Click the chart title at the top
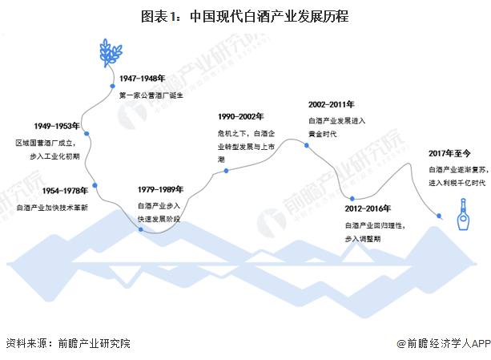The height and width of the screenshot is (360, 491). (244, 15)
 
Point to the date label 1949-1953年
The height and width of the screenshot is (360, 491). (57, 126)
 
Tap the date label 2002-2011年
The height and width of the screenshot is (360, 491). (332, 104)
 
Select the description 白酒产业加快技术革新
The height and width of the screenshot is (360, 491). (52, 208)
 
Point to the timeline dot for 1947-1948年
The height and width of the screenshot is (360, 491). (111, 86)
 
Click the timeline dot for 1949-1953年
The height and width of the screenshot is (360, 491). (86, 134)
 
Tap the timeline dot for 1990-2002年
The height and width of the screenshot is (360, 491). (226, 170)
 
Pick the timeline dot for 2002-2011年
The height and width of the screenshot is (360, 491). (308, 145)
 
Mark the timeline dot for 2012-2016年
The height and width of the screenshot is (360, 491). (349, 198)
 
